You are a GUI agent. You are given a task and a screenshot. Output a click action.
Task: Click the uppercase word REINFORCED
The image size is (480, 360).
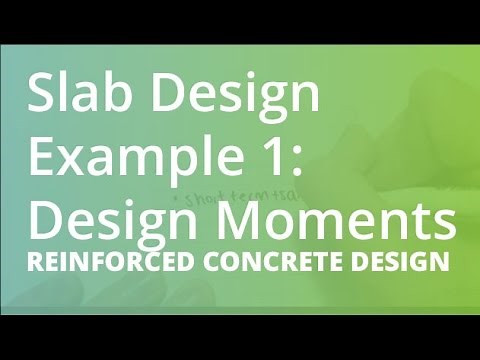(x=105, y=264)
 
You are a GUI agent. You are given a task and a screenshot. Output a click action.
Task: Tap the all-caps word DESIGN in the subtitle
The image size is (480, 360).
(x=396, y=264)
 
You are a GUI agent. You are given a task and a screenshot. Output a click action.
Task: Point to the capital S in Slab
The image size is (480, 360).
(x=43, y=96)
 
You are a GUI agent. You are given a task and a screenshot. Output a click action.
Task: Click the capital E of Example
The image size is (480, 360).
(x=43, y=157)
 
